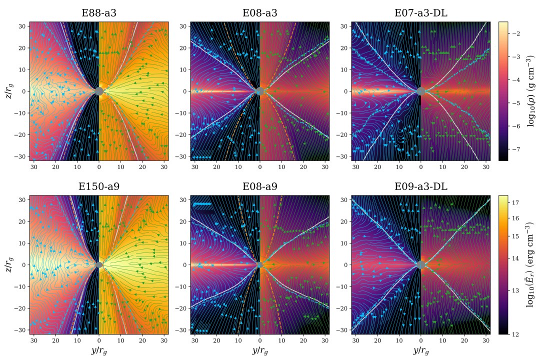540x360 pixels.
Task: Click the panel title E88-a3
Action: tap(98, 13)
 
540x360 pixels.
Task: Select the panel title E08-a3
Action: tap(259, 13)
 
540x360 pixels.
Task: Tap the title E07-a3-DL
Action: tap(420, 13)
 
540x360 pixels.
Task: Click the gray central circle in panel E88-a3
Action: tap(98, 91)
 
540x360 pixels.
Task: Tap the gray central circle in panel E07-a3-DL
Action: tap(420, 91)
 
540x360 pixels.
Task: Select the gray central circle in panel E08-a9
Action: tap(259, 264)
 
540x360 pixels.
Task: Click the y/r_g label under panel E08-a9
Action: tap(259, 350)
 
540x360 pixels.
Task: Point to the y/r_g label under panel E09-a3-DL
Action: tap(420, 350)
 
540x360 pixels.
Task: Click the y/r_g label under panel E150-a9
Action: tap(98, 350)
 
